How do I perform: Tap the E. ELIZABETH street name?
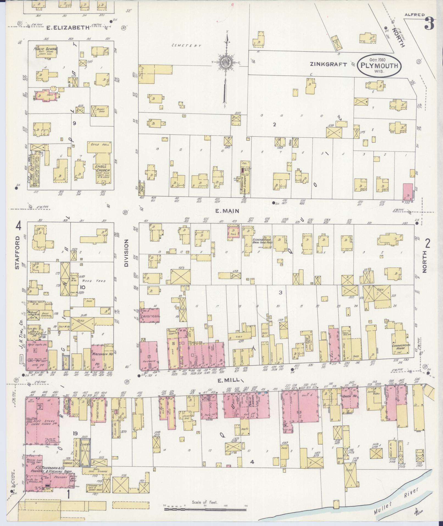click(x=68, y=27)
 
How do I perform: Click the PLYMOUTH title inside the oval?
click(x=379, y=66)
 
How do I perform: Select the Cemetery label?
click(x=186, y=46)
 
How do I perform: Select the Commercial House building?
click(x=401, y=346)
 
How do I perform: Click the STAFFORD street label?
click(x=18, y=252)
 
